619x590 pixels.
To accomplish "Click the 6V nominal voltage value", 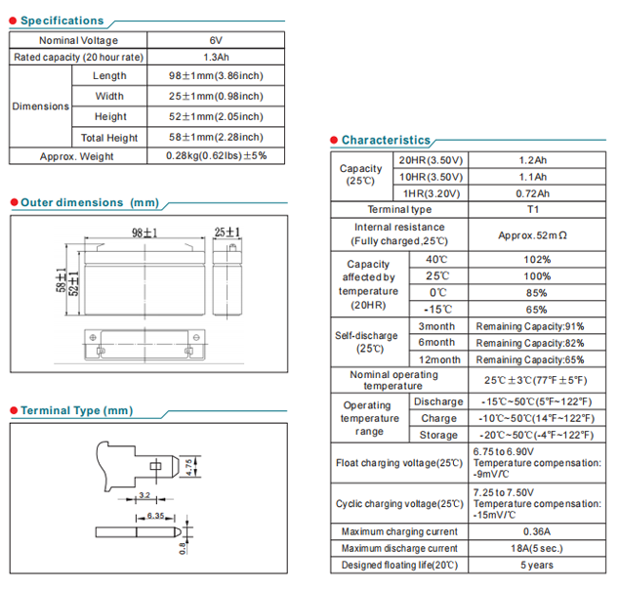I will pyautogui.click(x=215, y=40).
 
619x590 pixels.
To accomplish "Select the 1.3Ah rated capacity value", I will pyautogui.click(x=215, y=58).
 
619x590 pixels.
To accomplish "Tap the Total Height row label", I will pyautogui.click(x=109, y=138).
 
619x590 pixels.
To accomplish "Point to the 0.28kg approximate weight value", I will pyautogui.click(x=215, y=155).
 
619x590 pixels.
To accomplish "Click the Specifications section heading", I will pyautogui.click(x=62, y=21).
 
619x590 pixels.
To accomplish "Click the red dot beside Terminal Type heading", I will pyautogui.click(x=13, y=410).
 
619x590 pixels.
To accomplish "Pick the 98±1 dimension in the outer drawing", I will pyautogui.click(x=144, y=232).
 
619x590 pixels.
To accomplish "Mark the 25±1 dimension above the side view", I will pyautogui.click(x=227, y=232).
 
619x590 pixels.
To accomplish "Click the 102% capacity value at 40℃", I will pyautogui.click(x=536, y=260).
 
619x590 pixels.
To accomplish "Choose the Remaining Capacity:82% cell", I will pyautogui.click(x=530, y=343).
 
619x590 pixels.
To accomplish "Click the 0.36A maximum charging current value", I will pyautogui.click(x=536, y=531).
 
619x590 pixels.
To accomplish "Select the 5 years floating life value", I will pyautogui.click(x=536, y=565).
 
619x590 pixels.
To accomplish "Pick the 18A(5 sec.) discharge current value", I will pyautogui.click(x=536, y=548).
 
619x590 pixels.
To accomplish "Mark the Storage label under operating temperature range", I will pyautogui.click(x=438, y=435).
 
